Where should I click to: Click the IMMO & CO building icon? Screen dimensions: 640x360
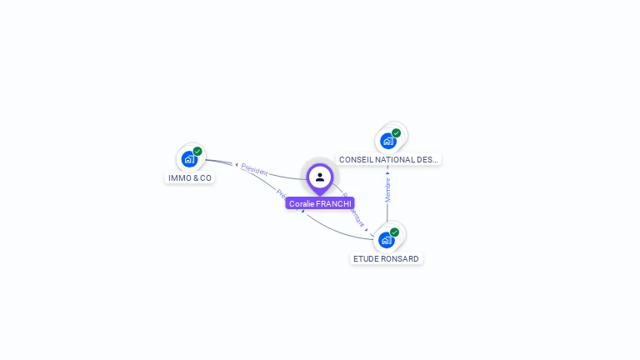pyautogui.click(x=190, y=158)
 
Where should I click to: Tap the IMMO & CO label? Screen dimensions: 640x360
pyautogui.click(x=190, y=177)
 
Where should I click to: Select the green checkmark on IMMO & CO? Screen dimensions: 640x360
pyautogui.click(x=197, y=151)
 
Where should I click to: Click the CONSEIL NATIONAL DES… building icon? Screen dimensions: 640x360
pyautogui.click(x=388, y=140)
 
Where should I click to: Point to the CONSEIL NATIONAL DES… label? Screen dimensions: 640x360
pyautogui.click(x=388, y=159)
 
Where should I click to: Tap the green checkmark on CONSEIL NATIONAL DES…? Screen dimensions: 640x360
pyautogui.click(x=396, y=132)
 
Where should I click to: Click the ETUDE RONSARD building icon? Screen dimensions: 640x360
pyautogui.click(x=387, y=240)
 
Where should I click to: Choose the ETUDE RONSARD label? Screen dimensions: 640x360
pyautogui.click(x=386, y=259)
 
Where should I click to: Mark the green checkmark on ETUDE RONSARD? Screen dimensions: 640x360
pyautogui.click(x=394, y=232)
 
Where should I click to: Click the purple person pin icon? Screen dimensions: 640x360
pyautogui.click(x=320, y=177)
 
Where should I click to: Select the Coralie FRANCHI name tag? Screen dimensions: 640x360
pyautogui.click(x=320, y=203)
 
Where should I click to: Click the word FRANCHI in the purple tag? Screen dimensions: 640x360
pyautogui.click(x=334, y=203)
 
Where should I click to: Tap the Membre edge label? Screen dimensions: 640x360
pyautogui.click(x=387, y=189)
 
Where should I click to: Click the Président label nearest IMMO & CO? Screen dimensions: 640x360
pyautogui.click(x=254, y=170)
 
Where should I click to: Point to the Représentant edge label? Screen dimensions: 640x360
pyautogui.click(x=354, y=212)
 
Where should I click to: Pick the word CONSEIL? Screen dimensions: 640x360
pyautogui.click(x=354, y=159)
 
